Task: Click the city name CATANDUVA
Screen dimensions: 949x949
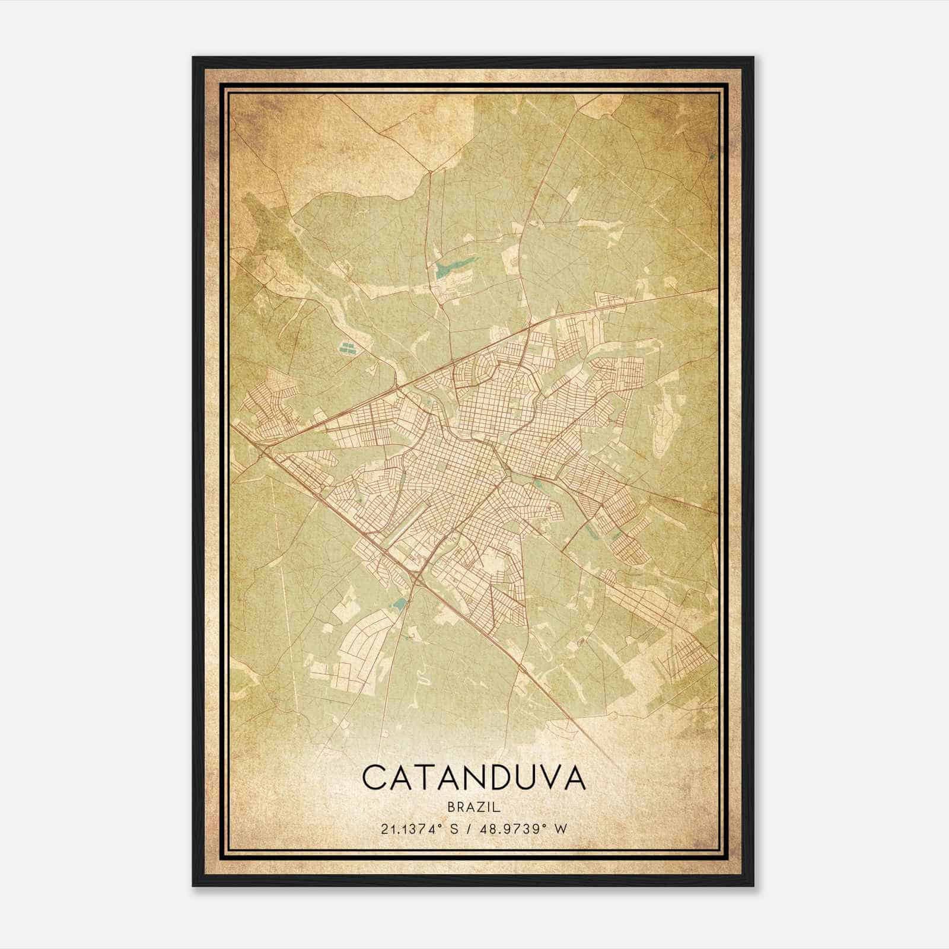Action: (x=474, y=778)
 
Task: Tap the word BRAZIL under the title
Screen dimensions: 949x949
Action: (x=474, y=807)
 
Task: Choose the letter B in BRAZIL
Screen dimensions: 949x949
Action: (x=452, y=807)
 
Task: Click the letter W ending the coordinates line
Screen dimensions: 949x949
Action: (x=561, y=829)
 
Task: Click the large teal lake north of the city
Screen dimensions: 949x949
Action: (x=452, y=269)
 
